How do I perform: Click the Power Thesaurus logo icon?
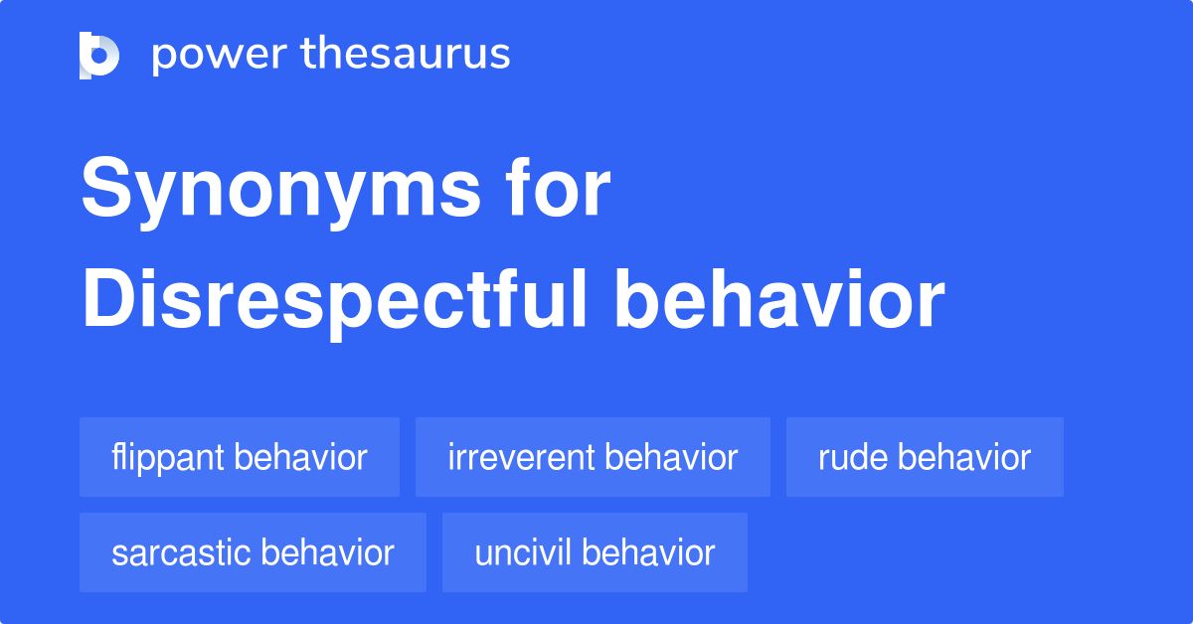(99, 56)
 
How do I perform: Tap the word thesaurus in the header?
(406, 53)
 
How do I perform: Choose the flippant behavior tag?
(240, 457)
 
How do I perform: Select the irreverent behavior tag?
(593, 457)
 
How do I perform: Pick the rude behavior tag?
(925, 457)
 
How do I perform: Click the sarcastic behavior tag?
(253, 552)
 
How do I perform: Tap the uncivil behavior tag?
(595, 552)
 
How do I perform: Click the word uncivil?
(523, 552)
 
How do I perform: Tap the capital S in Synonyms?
(106, 187)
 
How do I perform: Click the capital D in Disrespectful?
(108, 298)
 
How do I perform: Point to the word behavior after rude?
(964, 457)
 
